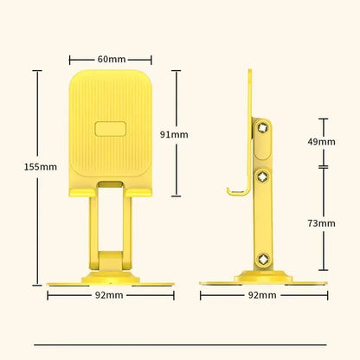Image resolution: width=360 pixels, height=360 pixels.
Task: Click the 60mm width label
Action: (x=111, y=59)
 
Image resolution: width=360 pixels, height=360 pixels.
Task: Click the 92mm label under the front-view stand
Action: (x=110, y=295)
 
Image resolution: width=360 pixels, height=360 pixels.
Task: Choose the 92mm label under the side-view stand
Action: (x=262, y=295)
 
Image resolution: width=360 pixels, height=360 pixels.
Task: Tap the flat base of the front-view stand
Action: (x=110, y=280)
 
